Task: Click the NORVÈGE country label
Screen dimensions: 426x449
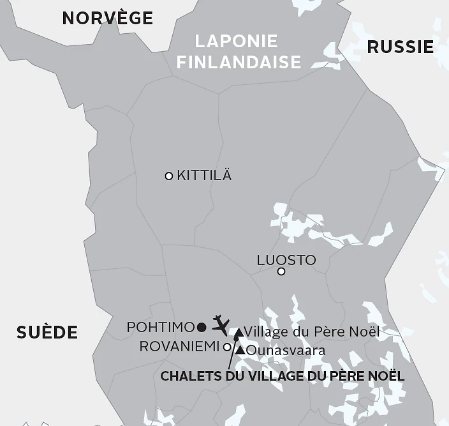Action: coord(107,18)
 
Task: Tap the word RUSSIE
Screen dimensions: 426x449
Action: coord(401,47)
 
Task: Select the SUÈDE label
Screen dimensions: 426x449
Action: coord(47,332)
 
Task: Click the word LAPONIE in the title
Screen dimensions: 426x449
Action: coord(237,42)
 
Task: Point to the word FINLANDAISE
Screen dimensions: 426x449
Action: coord(239,62)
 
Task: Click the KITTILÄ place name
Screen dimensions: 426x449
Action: coord(204,175)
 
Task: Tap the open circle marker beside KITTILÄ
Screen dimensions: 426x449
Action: coord(169,176)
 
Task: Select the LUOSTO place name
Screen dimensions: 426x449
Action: coord(286,260)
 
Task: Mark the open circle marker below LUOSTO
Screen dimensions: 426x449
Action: coord(281,272)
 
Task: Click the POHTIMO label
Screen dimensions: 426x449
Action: coord(160,327)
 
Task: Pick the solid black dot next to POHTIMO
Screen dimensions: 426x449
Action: coord(202,328)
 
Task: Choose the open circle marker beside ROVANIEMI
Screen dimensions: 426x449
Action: coord(227,347)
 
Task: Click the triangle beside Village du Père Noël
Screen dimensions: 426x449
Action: coord(238,332)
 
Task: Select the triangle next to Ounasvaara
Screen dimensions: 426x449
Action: coord(240,350)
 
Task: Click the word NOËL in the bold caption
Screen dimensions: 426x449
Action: coord(386,376)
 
